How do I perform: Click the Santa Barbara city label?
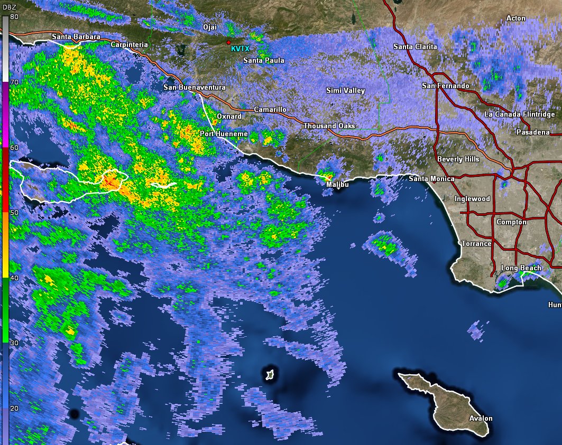pos(76,37)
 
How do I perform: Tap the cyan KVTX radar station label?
pos(239,49)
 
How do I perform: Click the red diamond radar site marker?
pos(228,42)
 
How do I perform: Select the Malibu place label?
pos(337,185)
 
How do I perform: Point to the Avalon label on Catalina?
pos(481,419)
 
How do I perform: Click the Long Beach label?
pos(521,268)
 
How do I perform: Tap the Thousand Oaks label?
pos(329,126)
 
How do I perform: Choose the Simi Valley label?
pos(345,91)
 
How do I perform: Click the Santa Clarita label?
pos(415,47)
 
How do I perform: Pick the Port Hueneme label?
pos(224,134)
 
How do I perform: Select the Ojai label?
pos(210,27)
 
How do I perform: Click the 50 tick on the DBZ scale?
pos(14,212)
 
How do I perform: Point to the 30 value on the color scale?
pos(14,343)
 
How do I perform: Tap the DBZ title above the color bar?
pos(9,6)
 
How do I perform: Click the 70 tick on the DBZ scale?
pos(14,82)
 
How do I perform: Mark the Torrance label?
pos(476,244)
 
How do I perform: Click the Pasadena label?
pos(533,132)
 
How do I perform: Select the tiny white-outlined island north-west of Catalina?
pos(270,375)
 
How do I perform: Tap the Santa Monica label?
pos(431,179)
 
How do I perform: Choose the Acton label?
pos(515,18)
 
